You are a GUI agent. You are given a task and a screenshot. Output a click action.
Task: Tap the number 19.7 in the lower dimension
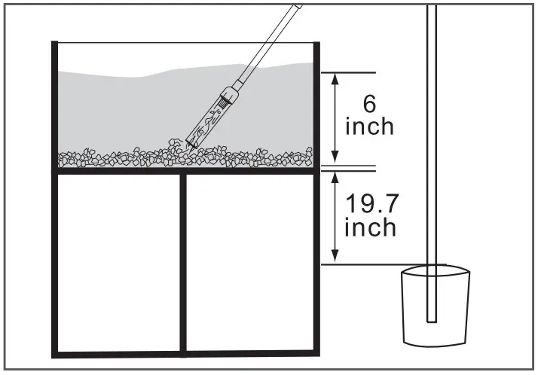(x=370, y=203)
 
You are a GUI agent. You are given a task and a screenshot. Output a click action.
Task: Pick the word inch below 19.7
(x=370, y=227)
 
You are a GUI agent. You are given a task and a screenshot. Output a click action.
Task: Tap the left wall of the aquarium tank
(x=54, y=105)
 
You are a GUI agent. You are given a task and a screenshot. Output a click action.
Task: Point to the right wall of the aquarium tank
(x=317, y=105)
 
